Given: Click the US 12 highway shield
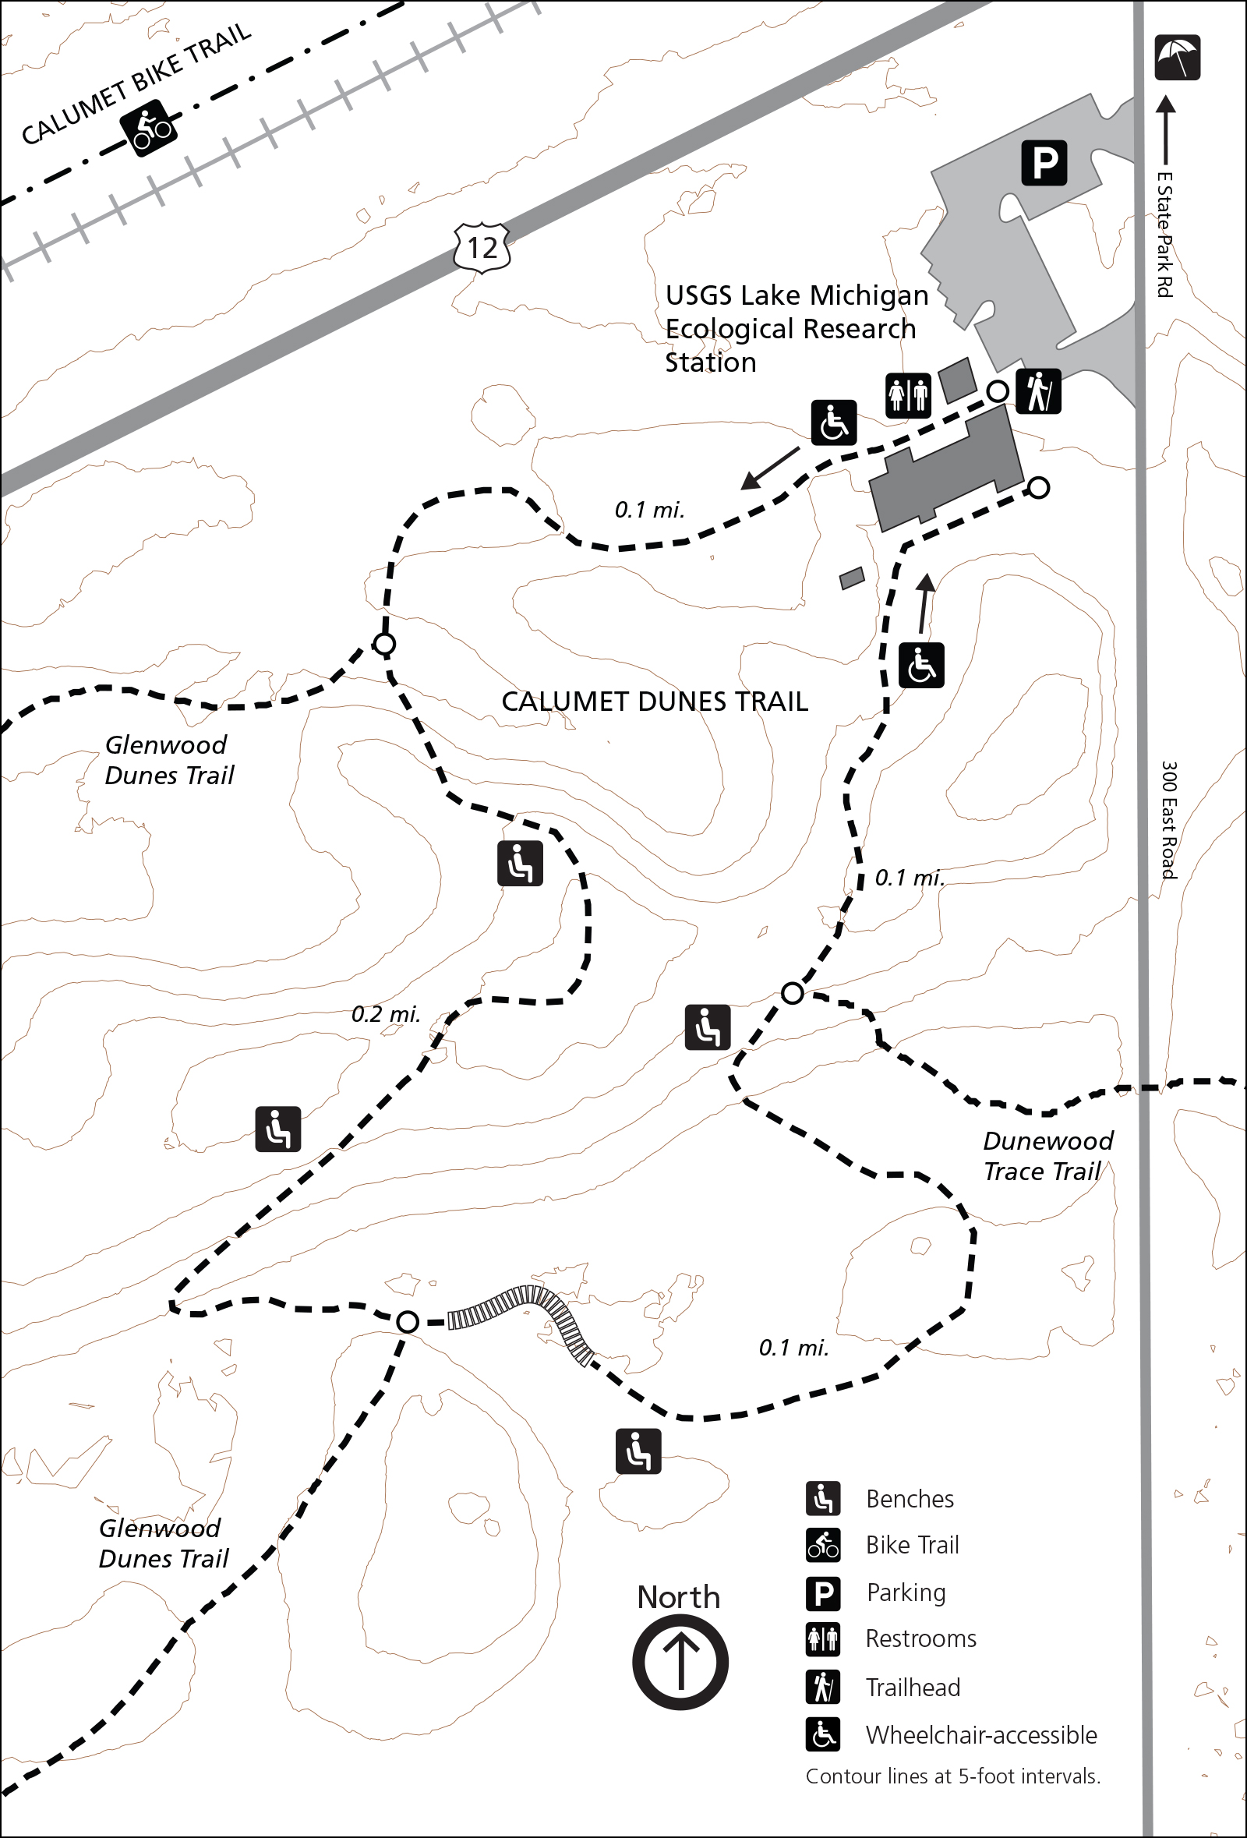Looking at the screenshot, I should point(482,249).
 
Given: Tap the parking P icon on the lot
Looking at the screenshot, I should point(1044,163).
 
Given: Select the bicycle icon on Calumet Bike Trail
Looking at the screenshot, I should point(149,128).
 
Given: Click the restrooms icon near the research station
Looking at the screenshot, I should point(908,394).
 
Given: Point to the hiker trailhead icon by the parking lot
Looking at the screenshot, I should point(1037,391).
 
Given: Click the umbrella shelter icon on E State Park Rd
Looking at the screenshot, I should point(1177,58).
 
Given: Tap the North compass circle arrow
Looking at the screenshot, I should point(680,1662).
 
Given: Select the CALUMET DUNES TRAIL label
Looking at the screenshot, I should point(655,702).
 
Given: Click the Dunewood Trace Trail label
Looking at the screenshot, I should point(1047,1155).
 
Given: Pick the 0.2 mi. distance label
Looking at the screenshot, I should point(386,1014).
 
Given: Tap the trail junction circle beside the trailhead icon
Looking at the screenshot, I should point(998,391).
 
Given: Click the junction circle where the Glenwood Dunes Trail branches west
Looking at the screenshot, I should point(384,645).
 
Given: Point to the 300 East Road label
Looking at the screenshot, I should point(1169,819).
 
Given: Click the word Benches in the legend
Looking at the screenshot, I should point(910,1499).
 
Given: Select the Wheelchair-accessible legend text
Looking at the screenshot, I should point(981,1734).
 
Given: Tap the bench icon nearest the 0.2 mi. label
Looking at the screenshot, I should point(278,1129).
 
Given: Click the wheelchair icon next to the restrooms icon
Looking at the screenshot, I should point(833,423).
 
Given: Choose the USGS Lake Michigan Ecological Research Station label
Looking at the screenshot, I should point(796,328).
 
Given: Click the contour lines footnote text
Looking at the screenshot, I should point(953,1776).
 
